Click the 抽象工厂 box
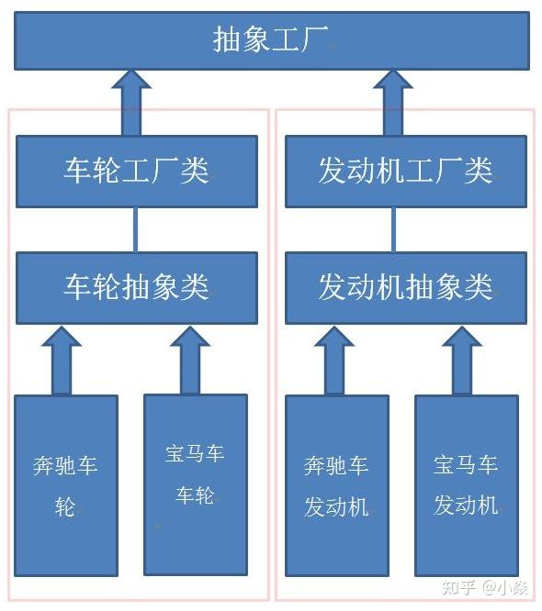[x=272, y=41]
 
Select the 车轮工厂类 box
[x=137, y=172]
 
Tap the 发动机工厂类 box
[x=406, y=172]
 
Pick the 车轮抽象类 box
[x=137, y=288]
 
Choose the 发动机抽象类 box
[x=406, y=288]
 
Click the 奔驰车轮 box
[x=66, y=485]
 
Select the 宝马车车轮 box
[x=196, y=484]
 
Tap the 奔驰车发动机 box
[x=337, y=485]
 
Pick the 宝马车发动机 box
[x=467, y=485]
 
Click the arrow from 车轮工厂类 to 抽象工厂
[x=131, y=104]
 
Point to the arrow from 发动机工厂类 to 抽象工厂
[x=393, y=104]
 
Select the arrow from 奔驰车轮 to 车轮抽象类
[x=62, y=361]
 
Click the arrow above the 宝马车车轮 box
[x=190, y=361]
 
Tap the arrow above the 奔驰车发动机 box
[x=334, y=361]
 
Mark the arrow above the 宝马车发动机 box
[x=462, y=361]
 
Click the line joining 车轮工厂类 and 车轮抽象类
[x=135, y=230]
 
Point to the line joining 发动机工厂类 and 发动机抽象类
[x=393, y=230]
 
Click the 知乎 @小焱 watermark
[x=485, y=588]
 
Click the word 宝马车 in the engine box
[x=466, y=465]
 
